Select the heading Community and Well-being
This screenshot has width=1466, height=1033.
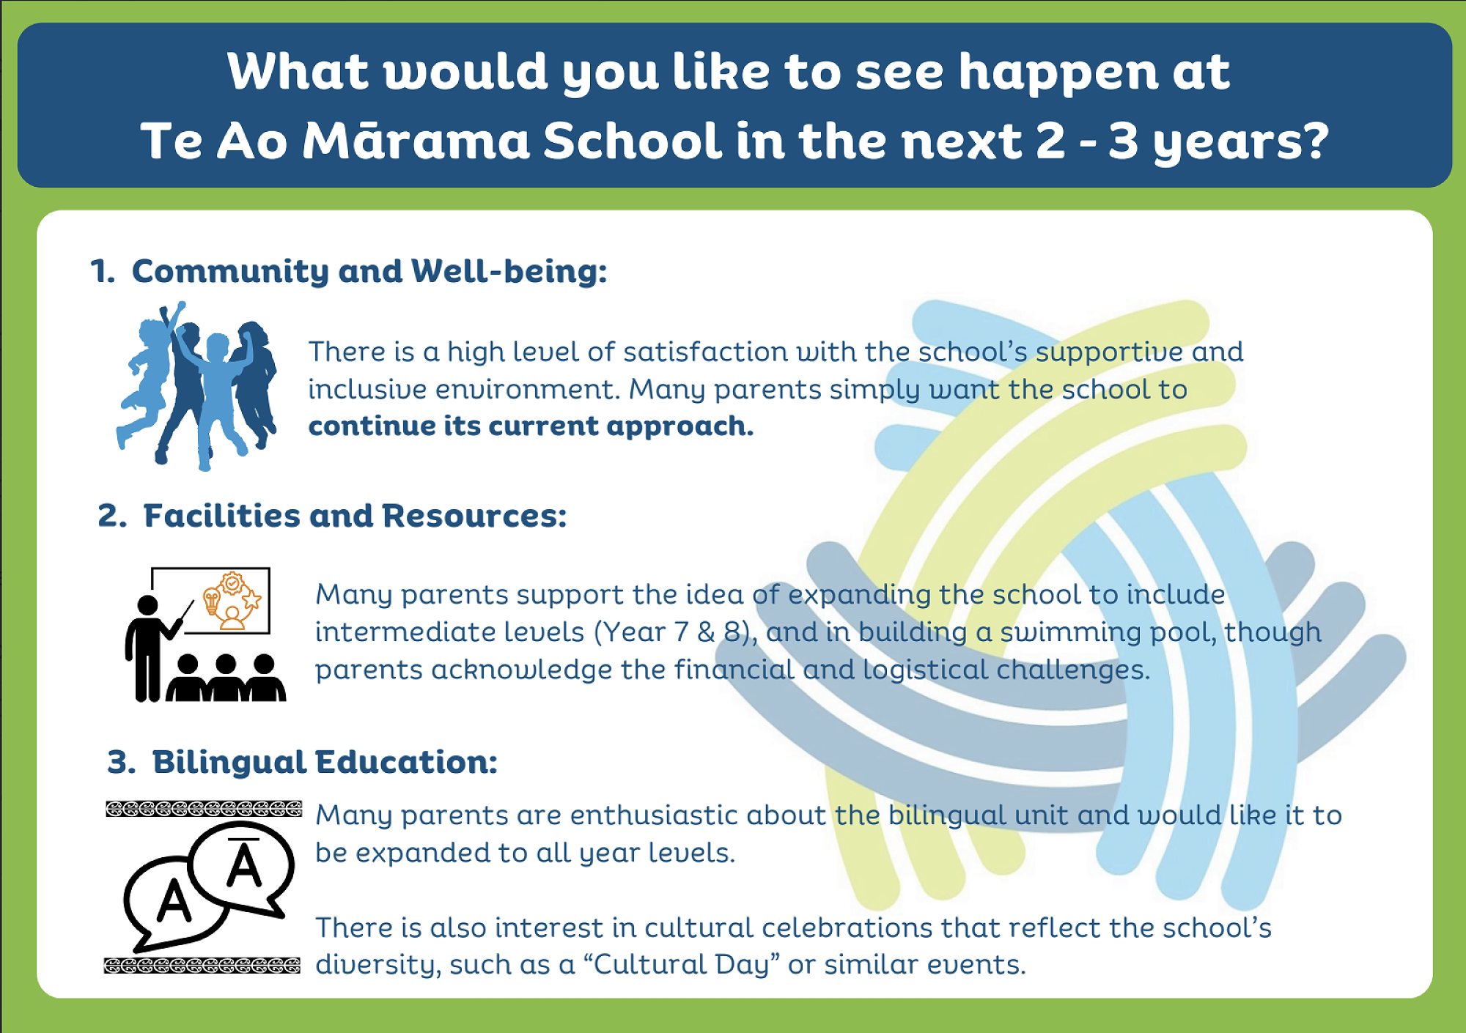(369, 272)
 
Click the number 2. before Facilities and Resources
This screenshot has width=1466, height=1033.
(112, 516)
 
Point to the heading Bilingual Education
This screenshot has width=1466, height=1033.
(325, 763)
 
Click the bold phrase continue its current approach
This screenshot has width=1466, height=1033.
(531, 426)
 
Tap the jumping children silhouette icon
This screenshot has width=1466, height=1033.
(196, 385)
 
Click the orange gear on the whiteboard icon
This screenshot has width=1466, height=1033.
(232, 583)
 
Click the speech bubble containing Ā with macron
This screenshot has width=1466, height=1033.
(243, 868)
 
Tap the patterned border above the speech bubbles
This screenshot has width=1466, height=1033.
(204, 809)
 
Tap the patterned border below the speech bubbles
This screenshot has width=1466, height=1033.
(202, 966)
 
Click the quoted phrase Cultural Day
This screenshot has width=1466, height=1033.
(682, 965)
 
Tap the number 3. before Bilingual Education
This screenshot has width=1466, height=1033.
(122, 762)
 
